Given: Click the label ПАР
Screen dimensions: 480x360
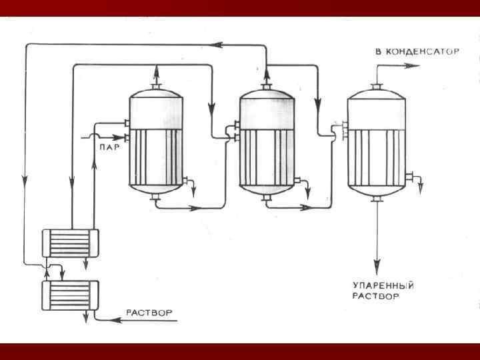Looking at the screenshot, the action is point(108,147).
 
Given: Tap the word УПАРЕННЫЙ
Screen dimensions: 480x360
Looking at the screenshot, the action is point(383,285).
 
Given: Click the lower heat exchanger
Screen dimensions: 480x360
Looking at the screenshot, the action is point(70,293).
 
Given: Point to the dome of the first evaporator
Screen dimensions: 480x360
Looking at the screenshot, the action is point(155,107).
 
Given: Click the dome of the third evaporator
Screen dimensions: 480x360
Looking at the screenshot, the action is point(376,108).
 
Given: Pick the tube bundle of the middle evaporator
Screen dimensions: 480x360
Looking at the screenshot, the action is point(267,156).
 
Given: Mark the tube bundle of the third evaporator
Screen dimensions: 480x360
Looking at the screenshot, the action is point(376,156).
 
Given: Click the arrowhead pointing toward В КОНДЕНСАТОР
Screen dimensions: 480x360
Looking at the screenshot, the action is point(414,66).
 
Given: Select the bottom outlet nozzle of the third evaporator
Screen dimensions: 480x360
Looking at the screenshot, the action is point(377,199).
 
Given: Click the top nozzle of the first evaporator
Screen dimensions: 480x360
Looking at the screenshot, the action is point(156,86).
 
